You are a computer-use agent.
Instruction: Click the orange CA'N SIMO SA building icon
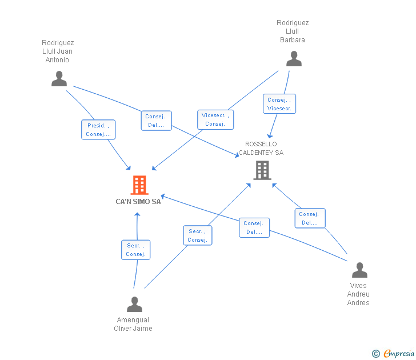click(139, 185)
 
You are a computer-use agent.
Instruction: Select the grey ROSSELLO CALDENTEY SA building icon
click(262, 170)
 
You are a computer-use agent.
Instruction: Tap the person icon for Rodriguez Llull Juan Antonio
click(59, 79)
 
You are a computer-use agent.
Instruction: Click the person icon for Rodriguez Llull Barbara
click(294, 59)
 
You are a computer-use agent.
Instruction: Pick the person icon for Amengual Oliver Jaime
click(134, 305)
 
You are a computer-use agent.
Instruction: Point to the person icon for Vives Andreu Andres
click(359, 270)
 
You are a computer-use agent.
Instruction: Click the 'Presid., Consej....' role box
click(98, 130)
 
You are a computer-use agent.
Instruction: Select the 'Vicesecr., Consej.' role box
click(215, 119)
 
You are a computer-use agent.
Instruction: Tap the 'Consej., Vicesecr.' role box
click(279, 104)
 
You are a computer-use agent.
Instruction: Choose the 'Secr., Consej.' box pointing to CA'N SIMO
click(135, 250)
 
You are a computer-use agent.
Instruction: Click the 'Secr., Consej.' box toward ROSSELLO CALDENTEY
click(197, 235)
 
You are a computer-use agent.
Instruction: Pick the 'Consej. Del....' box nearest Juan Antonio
click(156, 121)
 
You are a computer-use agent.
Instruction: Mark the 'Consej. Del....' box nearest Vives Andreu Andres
click(310, 218)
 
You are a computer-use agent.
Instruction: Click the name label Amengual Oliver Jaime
click(133, 324)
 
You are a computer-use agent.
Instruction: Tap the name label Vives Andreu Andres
click(358, 294)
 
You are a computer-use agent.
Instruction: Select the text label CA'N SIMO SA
click(138, 202)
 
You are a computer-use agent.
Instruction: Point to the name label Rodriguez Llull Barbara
click(293, 31)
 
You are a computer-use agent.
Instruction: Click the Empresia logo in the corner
click(399, 354)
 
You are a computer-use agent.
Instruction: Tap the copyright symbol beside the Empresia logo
click(376, 354)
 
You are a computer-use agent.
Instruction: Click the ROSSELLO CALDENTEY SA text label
click(261, 149)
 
